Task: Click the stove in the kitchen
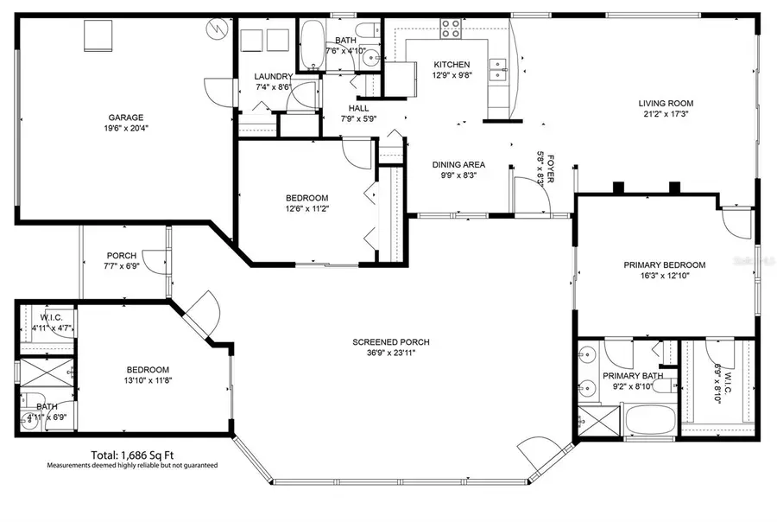(x=452, y=29)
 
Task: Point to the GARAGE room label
(x=125, y=118)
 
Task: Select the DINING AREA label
(x=458, y=164)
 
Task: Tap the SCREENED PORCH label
(x=391, y=342)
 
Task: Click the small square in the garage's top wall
(x=93, y=36)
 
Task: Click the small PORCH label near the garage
(x=121, y=255)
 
